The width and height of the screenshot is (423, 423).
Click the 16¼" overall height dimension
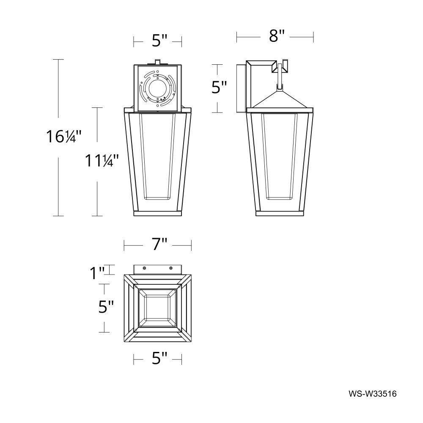point(63,137)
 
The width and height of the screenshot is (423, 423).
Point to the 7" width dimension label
point(157,244)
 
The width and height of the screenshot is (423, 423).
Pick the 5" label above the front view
point(157,41)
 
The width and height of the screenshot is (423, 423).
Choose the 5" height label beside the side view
point(219,88)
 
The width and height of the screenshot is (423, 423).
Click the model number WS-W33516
point(372,394)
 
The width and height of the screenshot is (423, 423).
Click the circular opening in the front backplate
point(157,89)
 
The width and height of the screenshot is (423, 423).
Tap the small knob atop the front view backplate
point(157,62)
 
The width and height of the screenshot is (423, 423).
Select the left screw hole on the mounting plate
point(144,268)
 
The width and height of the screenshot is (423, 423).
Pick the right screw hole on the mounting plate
point(171,268)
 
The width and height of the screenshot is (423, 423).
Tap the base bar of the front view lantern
point(157,214)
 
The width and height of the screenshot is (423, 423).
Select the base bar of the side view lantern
point(280,214)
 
